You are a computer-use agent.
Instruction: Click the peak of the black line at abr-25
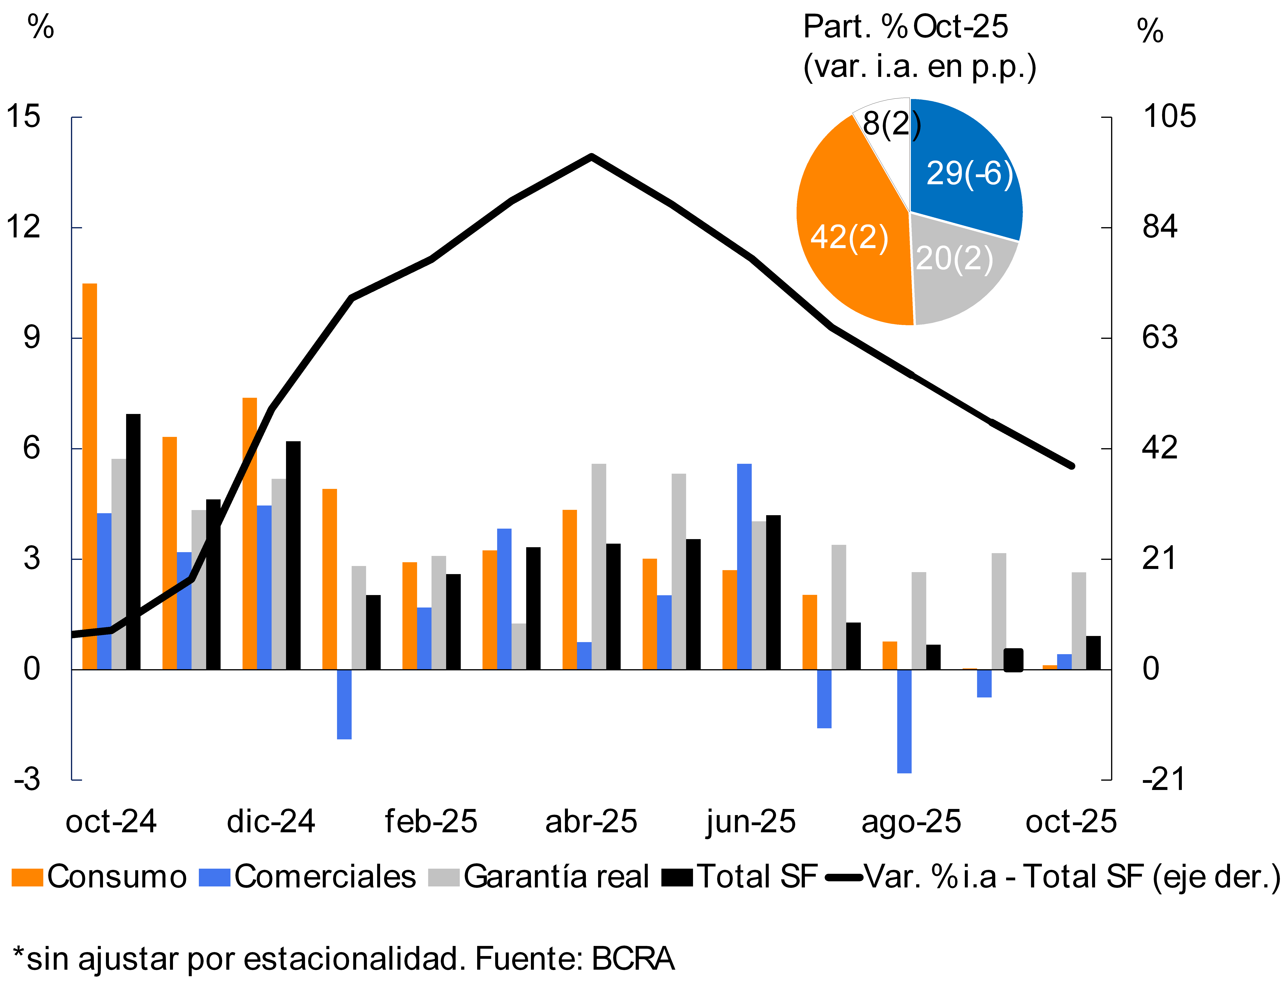pyautogui.click(x=591, y=157)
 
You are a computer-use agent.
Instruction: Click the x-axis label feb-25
pyautogui.click(x=431, y=821)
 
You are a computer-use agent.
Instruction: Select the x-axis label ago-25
pyautogui.click(x=911, y=821)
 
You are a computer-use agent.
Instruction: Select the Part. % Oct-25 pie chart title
pyautogui.click(x=906, y=27)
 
